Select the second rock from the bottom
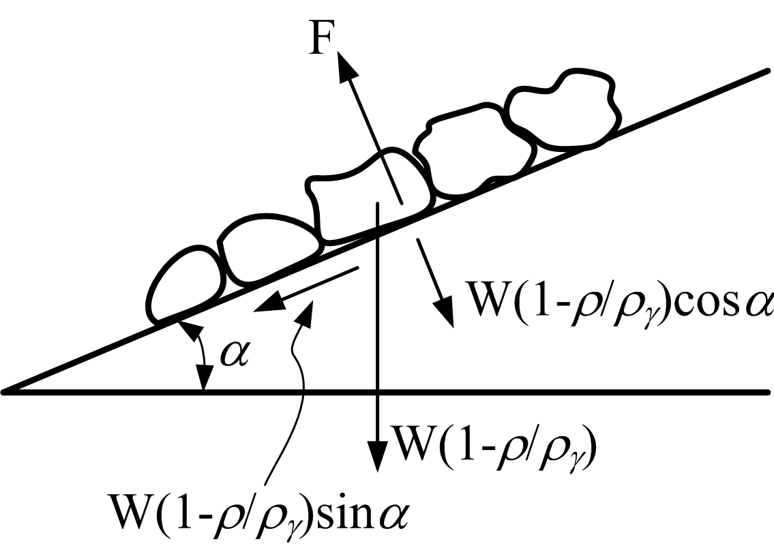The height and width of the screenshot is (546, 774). pos(265,250)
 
